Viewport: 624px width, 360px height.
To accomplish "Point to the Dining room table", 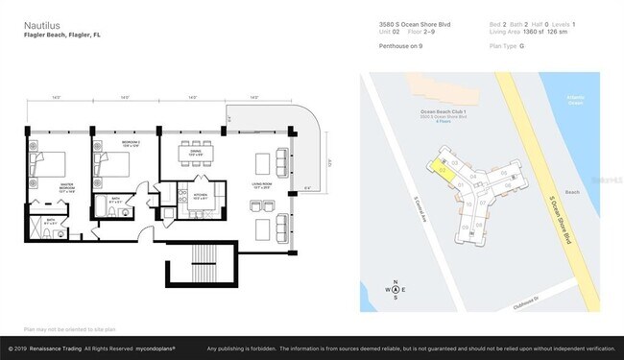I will coord(194,160).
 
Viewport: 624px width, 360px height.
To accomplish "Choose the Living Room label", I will coord(262,188).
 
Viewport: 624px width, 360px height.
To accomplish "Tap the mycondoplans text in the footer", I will coord(161,348).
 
